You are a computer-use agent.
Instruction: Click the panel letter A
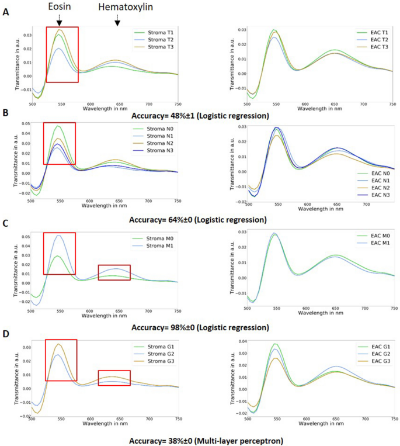(x=5, y=12)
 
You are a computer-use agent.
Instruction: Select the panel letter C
(x=5, y=224)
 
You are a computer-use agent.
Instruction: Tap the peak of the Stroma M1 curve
(x=59, y=236)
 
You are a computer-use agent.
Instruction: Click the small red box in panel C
(x=114, y=272)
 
